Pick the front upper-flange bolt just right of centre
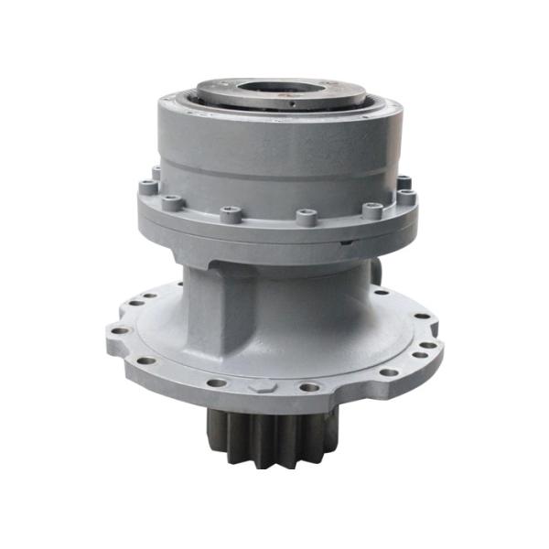coord(307,217)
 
